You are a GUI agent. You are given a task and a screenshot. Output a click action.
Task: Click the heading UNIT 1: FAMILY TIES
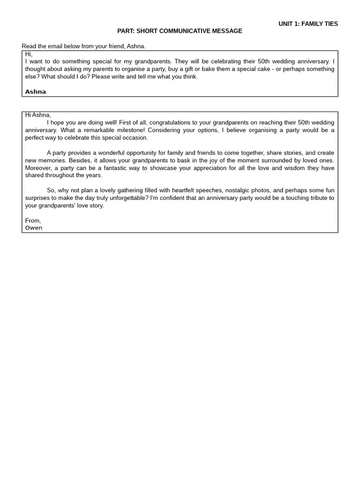[308, 24]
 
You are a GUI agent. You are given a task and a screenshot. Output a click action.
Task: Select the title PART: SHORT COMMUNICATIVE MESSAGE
[180, 31]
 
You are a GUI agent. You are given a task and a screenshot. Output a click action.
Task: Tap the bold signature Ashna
[36, 92]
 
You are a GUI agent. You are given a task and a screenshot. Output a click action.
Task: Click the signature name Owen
[34, 228]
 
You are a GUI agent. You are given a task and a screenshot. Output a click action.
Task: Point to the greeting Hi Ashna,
[38, 115]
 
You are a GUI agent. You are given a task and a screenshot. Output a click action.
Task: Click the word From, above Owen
[33, 220]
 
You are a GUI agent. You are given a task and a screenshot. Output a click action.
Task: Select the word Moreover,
[38, 168]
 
